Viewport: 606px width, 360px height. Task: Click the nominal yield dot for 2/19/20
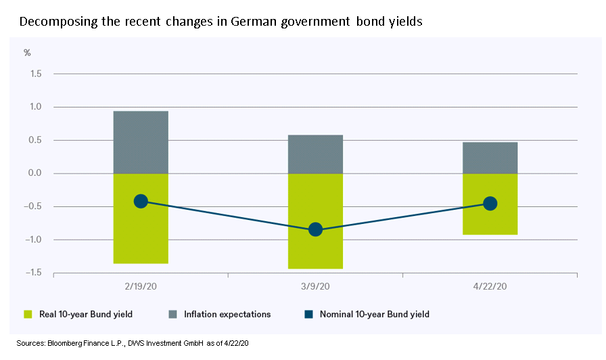[x=141, y=201]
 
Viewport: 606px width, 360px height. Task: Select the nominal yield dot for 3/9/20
[x=315, y=230]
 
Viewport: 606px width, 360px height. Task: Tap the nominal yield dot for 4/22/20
[x=490, y=204]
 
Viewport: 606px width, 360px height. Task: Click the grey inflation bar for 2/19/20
[x=141, y=142]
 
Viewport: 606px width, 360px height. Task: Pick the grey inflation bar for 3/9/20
[x=315, y=154]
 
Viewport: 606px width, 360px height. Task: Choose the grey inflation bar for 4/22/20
[x=490, y=158]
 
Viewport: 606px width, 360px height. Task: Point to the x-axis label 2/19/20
[x=141, y=286]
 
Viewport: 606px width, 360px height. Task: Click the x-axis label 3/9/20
[x=315, y=286]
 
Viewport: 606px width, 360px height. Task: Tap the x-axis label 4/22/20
[x=490, y=286]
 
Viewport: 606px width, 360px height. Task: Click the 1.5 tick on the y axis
[x=36, y=74]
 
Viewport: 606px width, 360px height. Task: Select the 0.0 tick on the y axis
[x=36, y=173]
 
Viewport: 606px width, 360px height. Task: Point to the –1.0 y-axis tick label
[x=33, y=240]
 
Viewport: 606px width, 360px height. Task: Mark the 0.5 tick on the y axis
[x=36, y=140]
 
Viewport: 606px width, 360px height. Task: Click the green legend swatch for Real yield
[x=28, y=314]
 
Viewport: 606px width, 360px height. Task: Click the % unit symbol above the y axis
[x=28, y=52]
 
